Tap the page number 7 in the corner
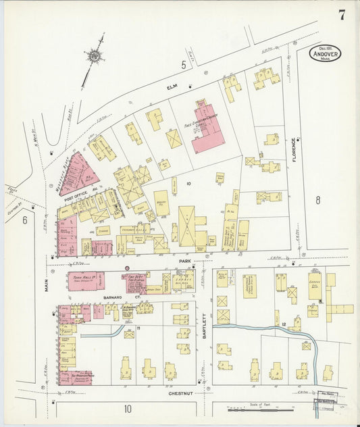[x=342, y=16]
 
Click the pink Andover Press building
[x=76, y=377]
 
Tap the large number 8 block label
[x=317, y=199]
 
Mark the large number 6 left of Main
[x=25, y=220]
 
